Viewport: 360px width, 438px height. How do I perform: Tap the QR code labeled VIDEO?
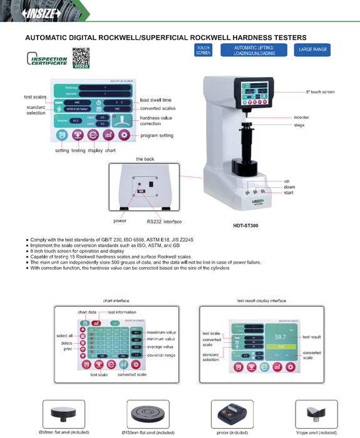pos(82,58)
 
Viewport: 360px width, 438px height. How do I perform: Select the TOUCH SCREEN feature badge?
pos(203,51)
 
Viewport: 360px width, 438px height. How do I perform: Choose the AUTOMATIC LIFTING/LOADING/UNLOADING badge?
pos(254,51)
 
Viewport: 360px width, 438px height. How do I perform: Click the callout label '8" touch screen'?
pos(320,92)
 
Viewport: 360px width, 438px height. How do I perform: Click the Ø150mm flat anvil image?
pos(148,414)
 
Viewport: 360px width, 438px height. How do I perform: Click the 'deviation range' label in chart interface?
pos(162,355)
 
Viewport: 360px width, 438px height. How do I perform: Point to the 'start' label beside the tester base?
pos(287,193)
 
